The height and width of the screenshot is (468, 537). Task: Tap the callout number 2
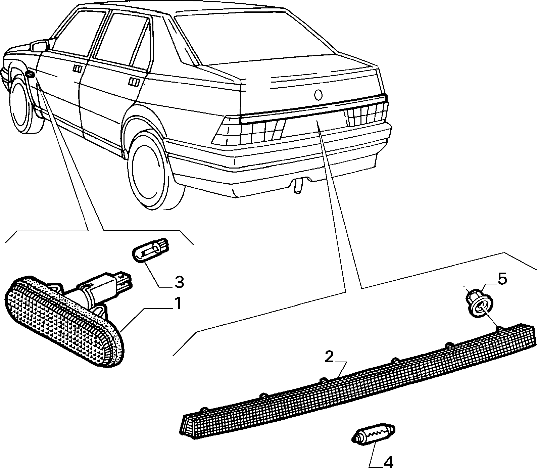click(329, 357)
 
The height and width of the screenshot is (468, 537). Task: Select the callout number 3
click(179, 282)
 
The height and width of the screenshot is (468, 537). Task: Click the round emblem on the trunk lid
click(318, 95)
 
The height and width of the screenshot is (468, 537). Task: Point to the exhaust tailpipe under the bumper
click(297, 186)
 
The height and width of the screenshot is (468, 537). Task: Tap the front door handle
click(77, 69)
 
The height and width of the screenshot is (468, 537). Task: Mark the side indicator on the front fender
click(30, 74)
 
